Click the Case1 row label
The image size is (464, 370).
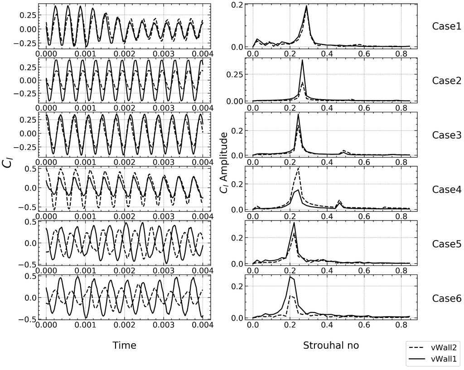point(446,26)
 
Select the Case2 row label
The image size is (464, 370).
point(446,81)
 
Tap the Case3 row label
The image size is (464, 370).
point(446,135)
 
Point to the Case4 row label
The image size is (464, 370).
point(446,189)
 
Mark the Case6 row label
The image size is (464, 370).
point(446,298)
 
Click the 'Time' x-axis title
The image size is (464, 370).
point(124,346)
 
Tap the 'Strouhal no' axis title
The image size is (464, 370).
point(331,346)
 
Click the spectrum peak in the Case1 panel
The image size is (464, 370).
point(307,6)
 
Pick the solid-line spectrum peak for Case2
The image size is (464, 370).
point(302,61)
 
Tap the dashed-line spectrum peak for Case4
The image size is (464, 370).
point(298,168)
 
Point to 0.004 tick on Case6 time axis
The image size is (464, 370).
point(203,326)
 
